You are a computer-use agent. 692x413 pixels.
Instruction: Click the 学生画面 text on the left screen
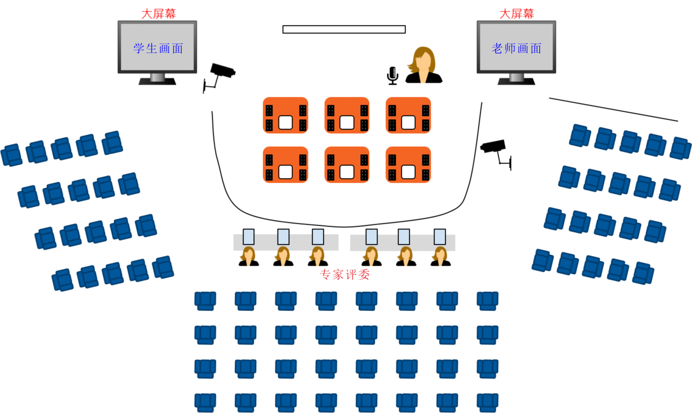tap(158, 48)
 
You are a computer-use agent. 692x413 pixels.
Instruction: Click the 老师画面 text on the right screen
tap(516, 48)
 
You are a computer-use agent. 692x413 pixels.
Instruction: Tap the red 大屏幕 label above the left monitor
tap(158, 14)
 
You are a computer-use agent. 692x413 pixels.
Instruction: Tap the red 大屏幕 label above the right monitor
tap(516, 14)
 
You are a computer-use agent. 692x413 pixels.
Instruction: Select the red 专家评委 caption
tap(344, 275)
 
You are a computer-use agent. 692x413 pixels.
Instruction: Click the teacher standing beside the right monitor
tap(422, 64)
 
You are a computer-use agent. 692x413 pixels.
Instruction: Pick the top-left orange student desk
tap(285, 115)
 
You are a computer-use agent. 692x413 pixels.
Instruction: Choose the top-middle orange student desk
tap(347, 115)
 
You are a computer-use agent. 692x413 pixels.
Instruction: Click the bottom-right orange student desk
tap(408, 165)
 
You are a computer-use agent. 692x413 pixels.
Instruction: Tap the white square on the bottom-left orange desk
tap(285, 172)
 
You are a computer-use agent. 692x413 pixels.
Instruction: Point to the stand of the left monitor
tap(157, 79)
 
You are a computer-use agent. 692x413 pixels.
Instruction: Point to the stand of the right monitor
tap(516, 79)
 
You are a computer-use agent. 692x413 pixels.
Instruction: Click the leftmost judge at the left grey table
tap(248, 256)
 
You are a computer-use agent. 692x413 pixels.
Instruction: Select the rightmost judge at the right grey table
tap(440, 256)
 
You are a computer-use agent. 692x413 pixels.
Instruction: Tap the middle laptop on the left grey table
tap(283, 237)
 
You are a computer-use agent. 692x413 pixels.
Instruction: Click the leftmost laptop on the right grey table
tap(372, 237)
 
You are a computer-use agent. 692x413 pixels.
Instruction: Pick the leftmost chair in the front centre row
tap(205, 301)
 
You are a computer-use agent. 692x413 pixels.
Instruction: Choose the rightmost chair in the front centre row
tap(487, 301)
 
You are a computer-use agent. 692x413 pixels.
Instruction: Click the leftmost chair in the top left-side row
tap(12, 155)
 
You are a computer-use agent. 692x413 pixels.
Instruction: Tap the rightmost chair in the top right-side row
tap(680, 148)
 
